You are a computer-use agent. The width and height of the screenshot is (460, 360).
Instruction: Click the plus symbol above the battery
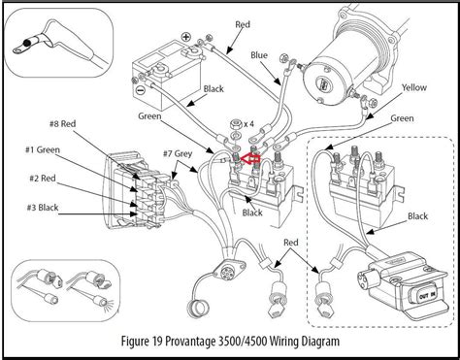185,37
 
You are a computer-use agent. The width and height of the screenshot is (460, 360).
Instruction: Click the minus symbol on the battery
140,90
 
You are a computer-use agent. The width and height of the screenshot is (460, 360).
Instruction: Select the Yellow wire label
414,87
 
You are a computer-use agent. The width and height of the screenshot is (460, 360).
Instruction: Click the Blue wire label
259,55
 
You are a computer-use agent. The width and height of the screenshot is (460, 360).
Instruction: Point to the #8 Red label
62,124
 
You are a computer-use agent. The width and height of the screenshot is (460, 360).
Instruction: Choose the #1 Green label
43,149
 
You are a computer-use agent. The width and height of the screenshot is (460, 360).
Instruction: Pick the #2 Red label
43,179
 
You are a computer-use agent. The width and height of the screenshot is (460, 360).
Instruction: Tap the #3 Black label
43,208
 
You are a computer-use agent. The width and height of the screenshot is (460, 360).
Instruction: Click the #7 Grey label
178,153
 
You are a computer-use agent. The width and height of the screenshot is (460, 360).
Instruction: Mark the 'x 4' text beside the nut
248,124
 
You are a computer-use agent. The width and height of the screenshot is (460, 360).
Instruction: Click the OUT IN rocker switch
427,295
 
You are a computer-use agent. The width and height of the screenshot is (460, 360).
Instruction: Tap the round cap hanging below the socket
198,309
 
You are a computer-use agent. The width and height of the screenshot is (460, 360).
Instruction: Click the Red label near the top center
243,24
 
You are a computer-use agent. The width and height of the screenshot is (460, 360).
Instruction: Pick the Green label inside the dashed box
402,118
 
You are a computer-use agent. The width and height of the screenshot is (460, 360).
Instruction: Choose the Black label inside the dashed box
417,216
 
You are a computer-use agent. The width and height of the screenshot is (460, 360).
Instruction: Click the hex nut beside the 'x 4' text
236,124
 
